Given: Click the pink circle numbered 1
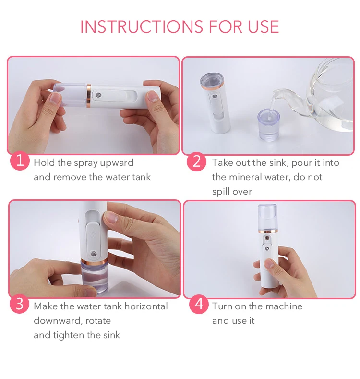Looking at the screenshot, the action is (x=20, y=160).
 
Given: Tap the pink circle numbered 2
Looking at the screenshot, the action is (x=196, y=161).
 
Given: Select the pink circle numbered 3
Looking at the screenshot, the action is (x=20, y=304).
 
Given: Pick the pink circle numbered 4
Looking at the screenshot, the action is (x=199, y=304).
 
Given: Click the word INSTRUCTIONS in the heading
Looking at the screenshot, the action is (x=142, y=26).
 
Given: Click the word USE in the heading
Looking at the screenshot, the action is (x=264, y=26).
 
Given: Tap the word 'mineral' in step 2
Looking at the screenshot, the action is (x=245, y=177).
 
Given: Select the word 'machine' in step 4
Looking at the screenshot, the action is (x=284, y=306).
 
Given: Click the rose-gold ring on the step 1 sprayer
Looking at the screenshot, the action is (x=89, y=96).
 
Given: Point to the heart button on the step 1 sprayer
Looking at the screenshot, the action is (x=98, y=95).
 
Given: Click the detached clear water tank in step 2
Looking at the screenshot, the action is (x=268, y=125).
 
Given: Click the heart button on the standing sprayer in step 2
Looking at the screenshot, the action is (x=214, y=97).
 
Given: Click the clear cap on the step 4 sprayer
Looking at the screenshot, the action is (x=267, y=217).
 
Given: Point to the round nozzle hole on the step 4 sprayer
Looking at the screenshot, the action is (x=267, y=238).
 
